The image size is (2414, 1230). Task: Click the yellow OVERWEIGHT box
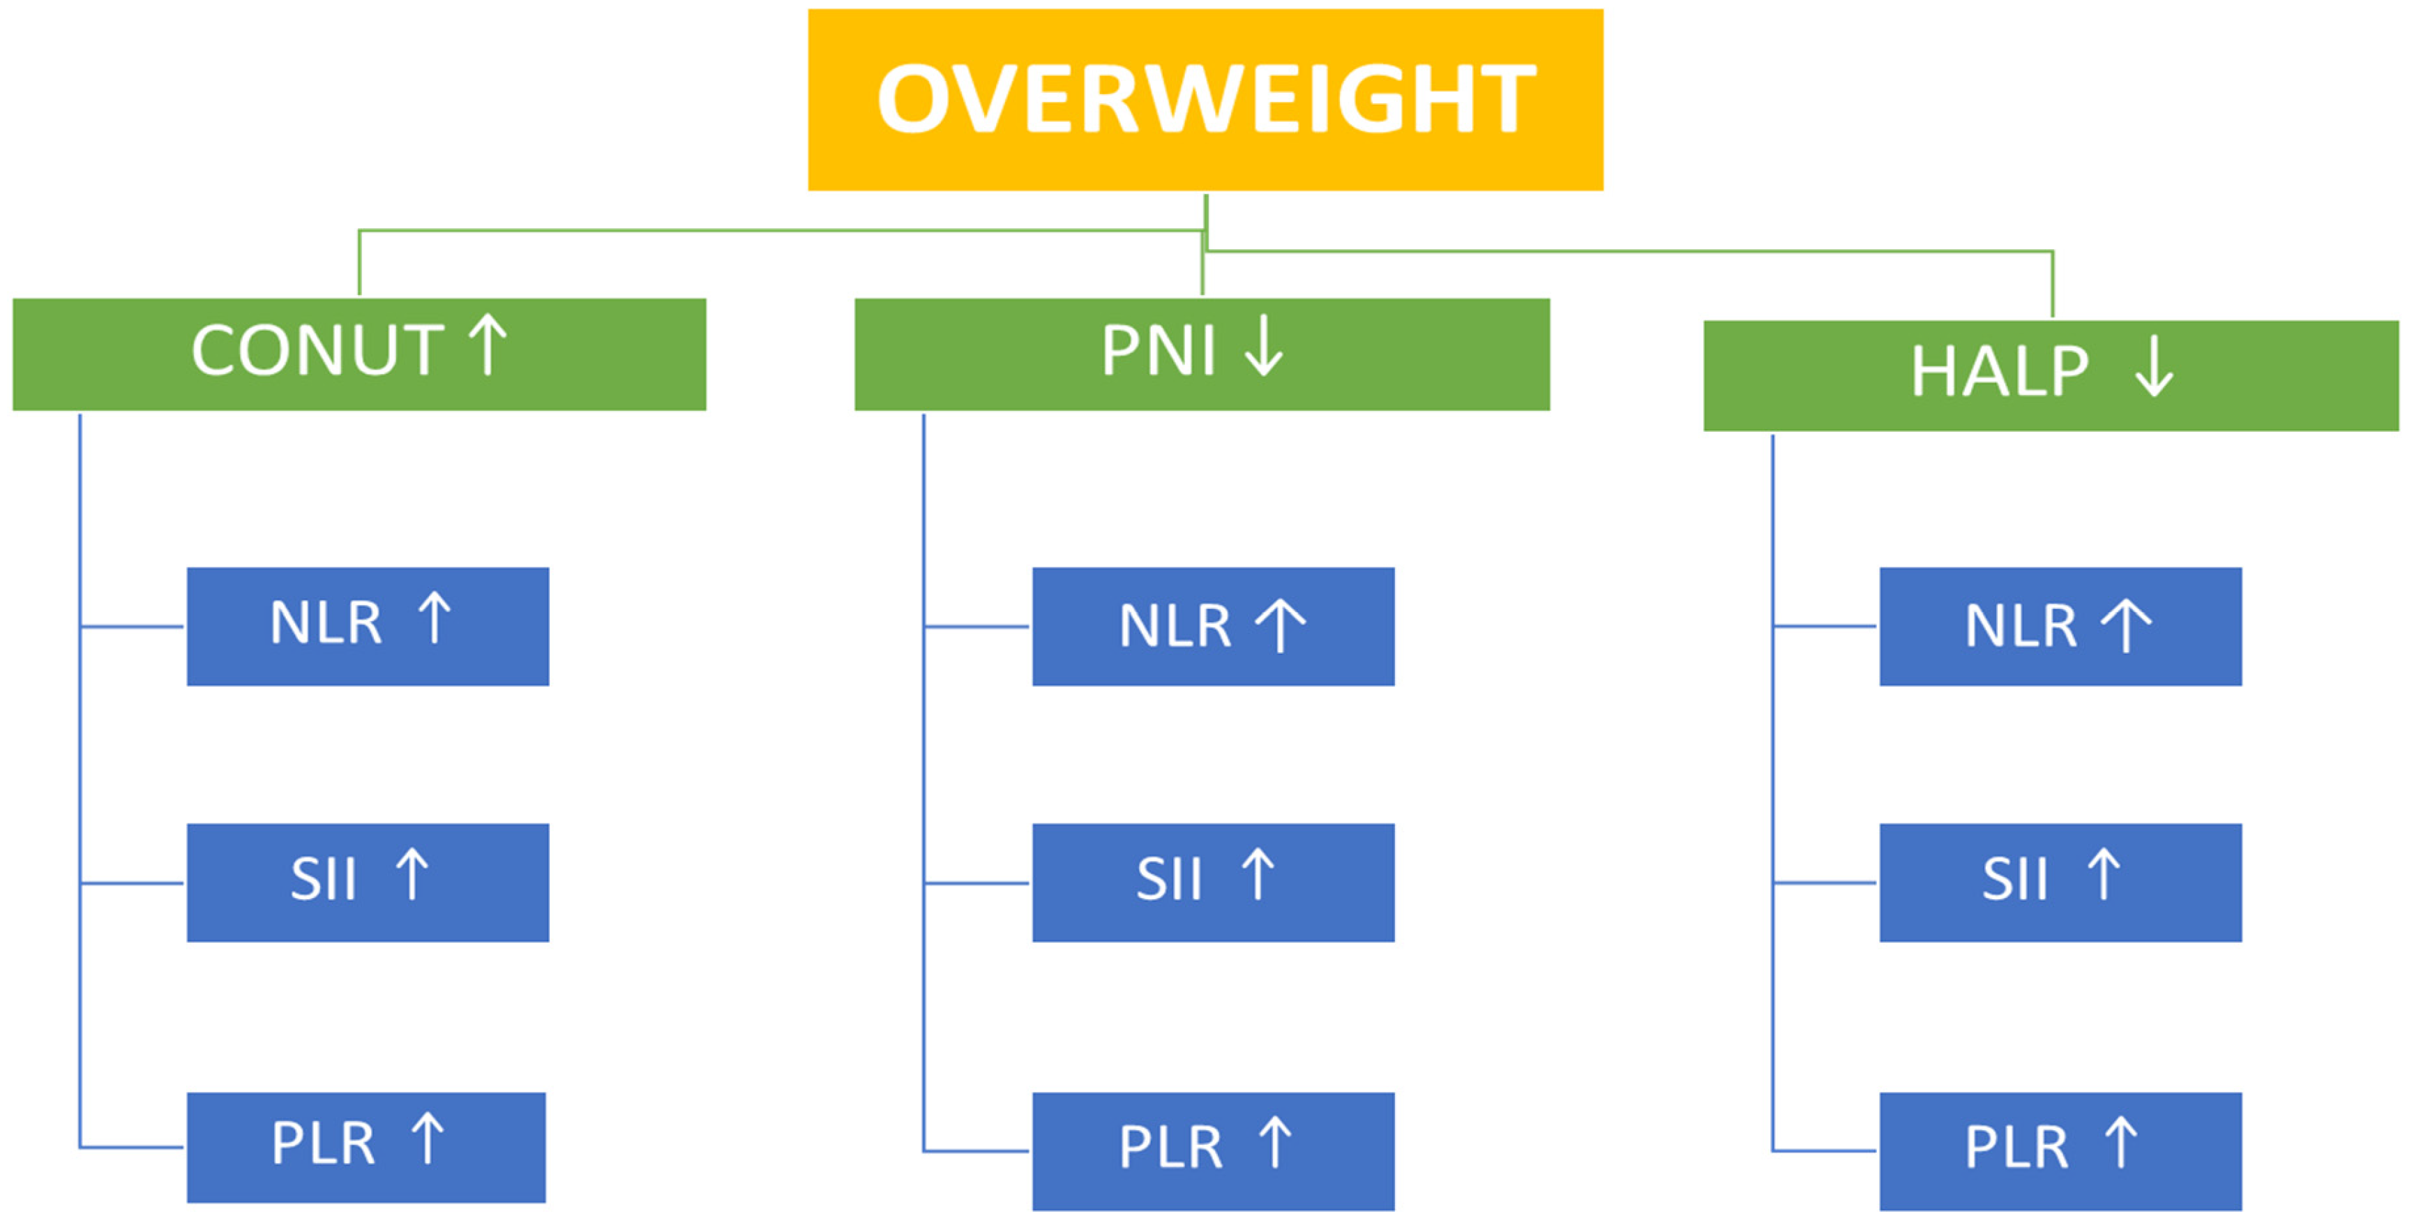[x=1205, y=99]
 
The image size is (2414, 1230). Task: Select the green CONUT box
[x=359, y=354]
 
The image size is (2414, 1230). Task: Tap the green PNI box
[x=1201, y=354]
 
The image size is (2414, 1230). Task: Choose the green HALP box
[x=2051, y=375]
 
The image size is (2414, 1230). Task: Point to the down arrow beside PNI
[x=1263, y=346]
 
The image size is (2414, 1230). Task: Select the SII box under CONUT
[x=368, y=882]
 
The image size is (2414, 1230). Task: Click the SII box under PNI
[x=1213, y=882]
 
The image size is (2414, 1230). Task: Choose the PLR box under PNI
[x=1213, y=1150]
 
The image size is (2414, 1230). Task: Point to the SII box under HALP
[x=2060, y=882]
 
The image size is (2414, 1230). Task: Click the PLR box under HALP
[x=2060, y=1150]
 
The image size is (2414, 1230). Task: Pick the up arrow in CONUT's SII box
[x=412, y=873]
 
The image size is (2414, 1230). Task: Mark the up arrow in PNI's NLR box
[x=1280, y=624]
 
